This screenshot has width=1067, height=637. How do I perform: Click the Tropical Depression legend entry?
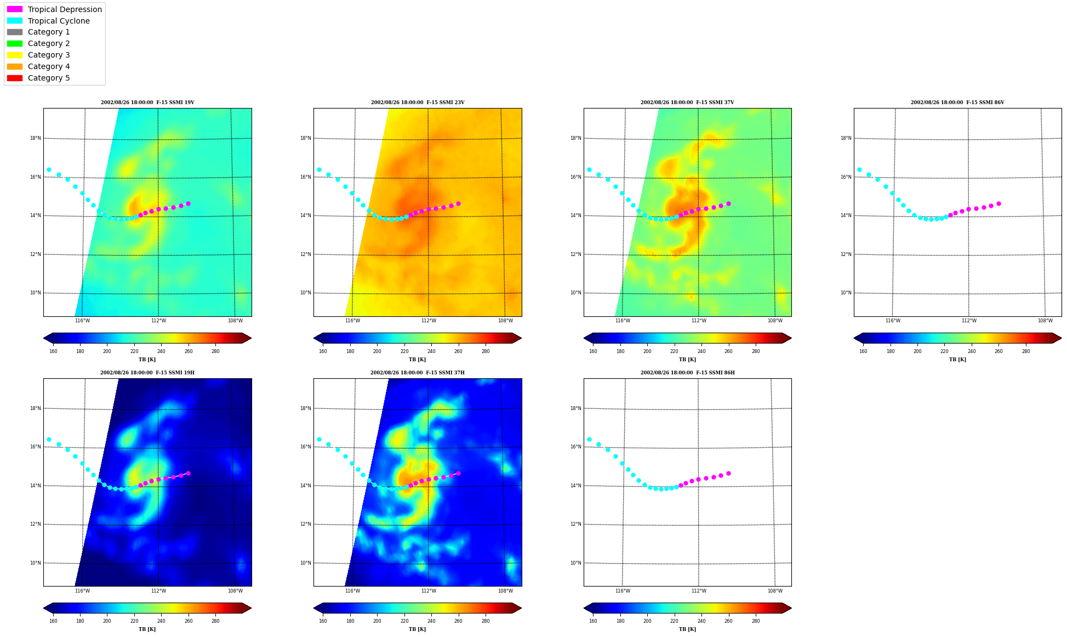pyautogui.click(x=54, y=9)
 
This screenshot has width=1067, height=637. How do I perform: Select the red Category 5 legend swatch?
pyautogui.click(x=15, y=78)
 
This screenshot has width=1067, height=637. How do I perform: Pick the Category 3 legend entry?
pyautogui.click(x=38, y=55)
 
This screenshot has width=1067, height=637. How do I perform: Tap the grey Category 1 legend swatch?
pyautogui.click(x=15, y=32)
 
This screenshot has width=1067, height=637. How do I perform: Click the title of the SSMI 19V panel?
pyautogui.click(x=147, y=103)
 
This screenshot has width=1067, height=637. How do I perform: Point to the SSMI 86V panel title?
pyautogui.click(x=957, y=103)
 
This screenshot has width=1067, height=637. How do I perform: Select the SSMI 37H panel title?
pyautogui.click(x=417, y=373)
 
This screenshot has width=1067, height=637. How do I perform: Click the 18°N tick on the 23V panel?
pyautogui.click(x=306, y=138)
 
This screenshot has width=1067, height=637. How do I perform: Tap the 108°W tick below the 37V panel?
pyautogui.click(x=775, y=321)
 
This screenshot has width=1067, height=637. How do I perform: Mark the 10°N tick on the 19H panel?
pyautogui.click(x=36, y=563)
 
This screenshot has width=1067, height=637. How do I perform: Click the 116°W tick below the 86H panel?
pyautogui.click(x=623, y=591)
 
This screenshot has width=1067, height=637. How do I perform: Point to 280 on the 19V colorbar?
pyautogui.click(x=215, y=351)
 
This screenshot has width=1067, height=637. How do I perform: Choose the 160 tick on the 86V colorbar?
pyautogui.click(x=863, y=351)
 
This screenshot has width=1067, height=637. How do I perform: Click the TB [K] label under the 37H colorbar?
pyautogui.click(x=417, y=629)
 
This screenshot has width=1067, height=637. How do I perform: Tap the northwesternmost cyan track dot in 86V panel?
pyautogui.click(x=859, y=169)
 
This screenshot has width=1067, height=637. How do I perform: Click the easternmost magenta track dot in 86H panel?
pyautogui.click(x=728, y=473)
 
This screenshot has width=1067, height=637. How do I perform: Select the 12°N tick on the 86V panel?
pyautogui.click(x=846, y=254)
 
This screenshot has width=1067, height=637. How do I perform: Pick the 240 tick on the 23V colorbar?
pyautogui.click(x=431, y=351)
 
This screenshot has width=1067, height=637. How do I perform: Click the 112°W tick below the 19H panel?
pyautogui.click(x=158, y=591)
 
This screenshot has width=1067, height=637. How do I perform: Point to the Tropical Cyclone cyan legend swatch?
pyautogui.click(x=15, y=21)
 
